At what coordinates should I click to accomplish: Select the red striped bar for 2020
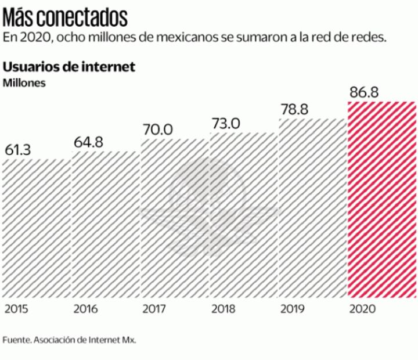coord(381,200)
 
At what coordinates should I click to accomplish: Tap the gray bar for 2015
coord(35,229)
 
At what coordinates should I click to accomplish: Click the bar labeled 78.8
coord(312,209)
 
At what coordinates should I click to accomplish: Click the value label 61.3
coord(18,150)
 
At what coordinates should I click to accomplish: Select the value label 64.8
coord(88,142)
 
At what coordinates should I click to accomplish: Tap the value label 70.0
coord(157,129)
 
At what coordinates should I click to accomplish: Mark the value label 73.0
coord(226,123)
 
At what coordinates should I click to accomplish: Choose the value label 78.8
coord(296,109)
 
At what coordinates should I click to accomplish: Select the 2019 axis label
coord(292,308)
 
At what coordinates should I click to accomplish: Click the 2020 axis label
coord(361,308)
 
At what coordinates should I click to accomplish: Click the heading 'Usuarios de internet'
coord(69,67)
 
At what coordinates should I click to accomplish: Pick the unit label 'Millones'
coord(24,82)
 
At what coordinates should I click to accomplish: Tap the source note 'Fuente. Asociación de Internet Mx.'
coord(69,340)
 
